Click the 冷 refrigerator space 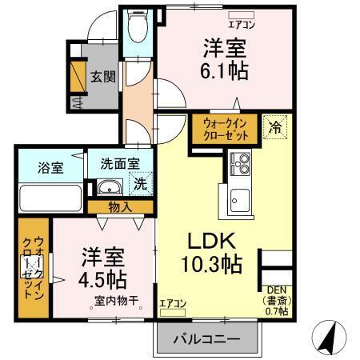pyautogui.click(x=275, y=126)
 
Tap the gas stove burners pyautogui.click(x=240, y=164)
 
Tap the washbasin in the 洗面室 pyautogui.click(x=110, y=189)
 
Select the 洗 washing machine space pyautogui.click(x=140, y=183)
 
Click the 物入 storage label pyautogui.click(x=122, y=207)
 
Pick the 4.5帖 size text pyautogui.click(x=103, y=279)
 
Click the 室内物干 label pyautogui.click(x=117, y=301)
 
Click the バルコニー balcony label pyautogui.click(x=206, y=339)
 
